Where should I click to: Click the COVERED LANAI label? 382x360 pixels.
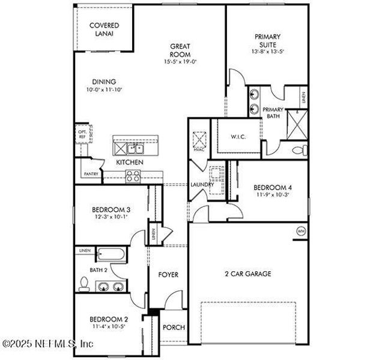[x=104, y=29]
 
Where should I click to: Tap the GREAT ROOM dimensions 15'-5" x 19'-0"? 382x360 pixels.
[x=180, y=62]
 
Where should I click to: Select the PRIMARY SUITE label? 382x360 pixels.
[x=267, y=40]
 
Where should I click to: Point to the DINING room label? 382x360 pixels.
[x=104, y=82]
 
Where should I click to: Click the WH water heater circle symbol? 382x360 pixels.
[x=301, y=230]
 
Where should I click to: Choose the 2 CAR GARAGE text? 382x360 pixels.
[x=247, y=274]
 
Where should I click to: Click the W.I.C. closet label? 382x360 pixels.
[x=238, y=137]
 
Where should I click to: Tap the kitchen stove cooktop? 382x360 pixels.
[x=133, y=176]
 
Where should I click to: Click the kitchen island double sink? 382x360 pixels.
[x=129, y=148]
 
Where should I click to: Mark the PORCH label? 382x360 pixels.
[x=174, y=328]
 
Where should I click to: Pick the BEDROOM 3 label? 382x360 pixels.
[x=111, y=209]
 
